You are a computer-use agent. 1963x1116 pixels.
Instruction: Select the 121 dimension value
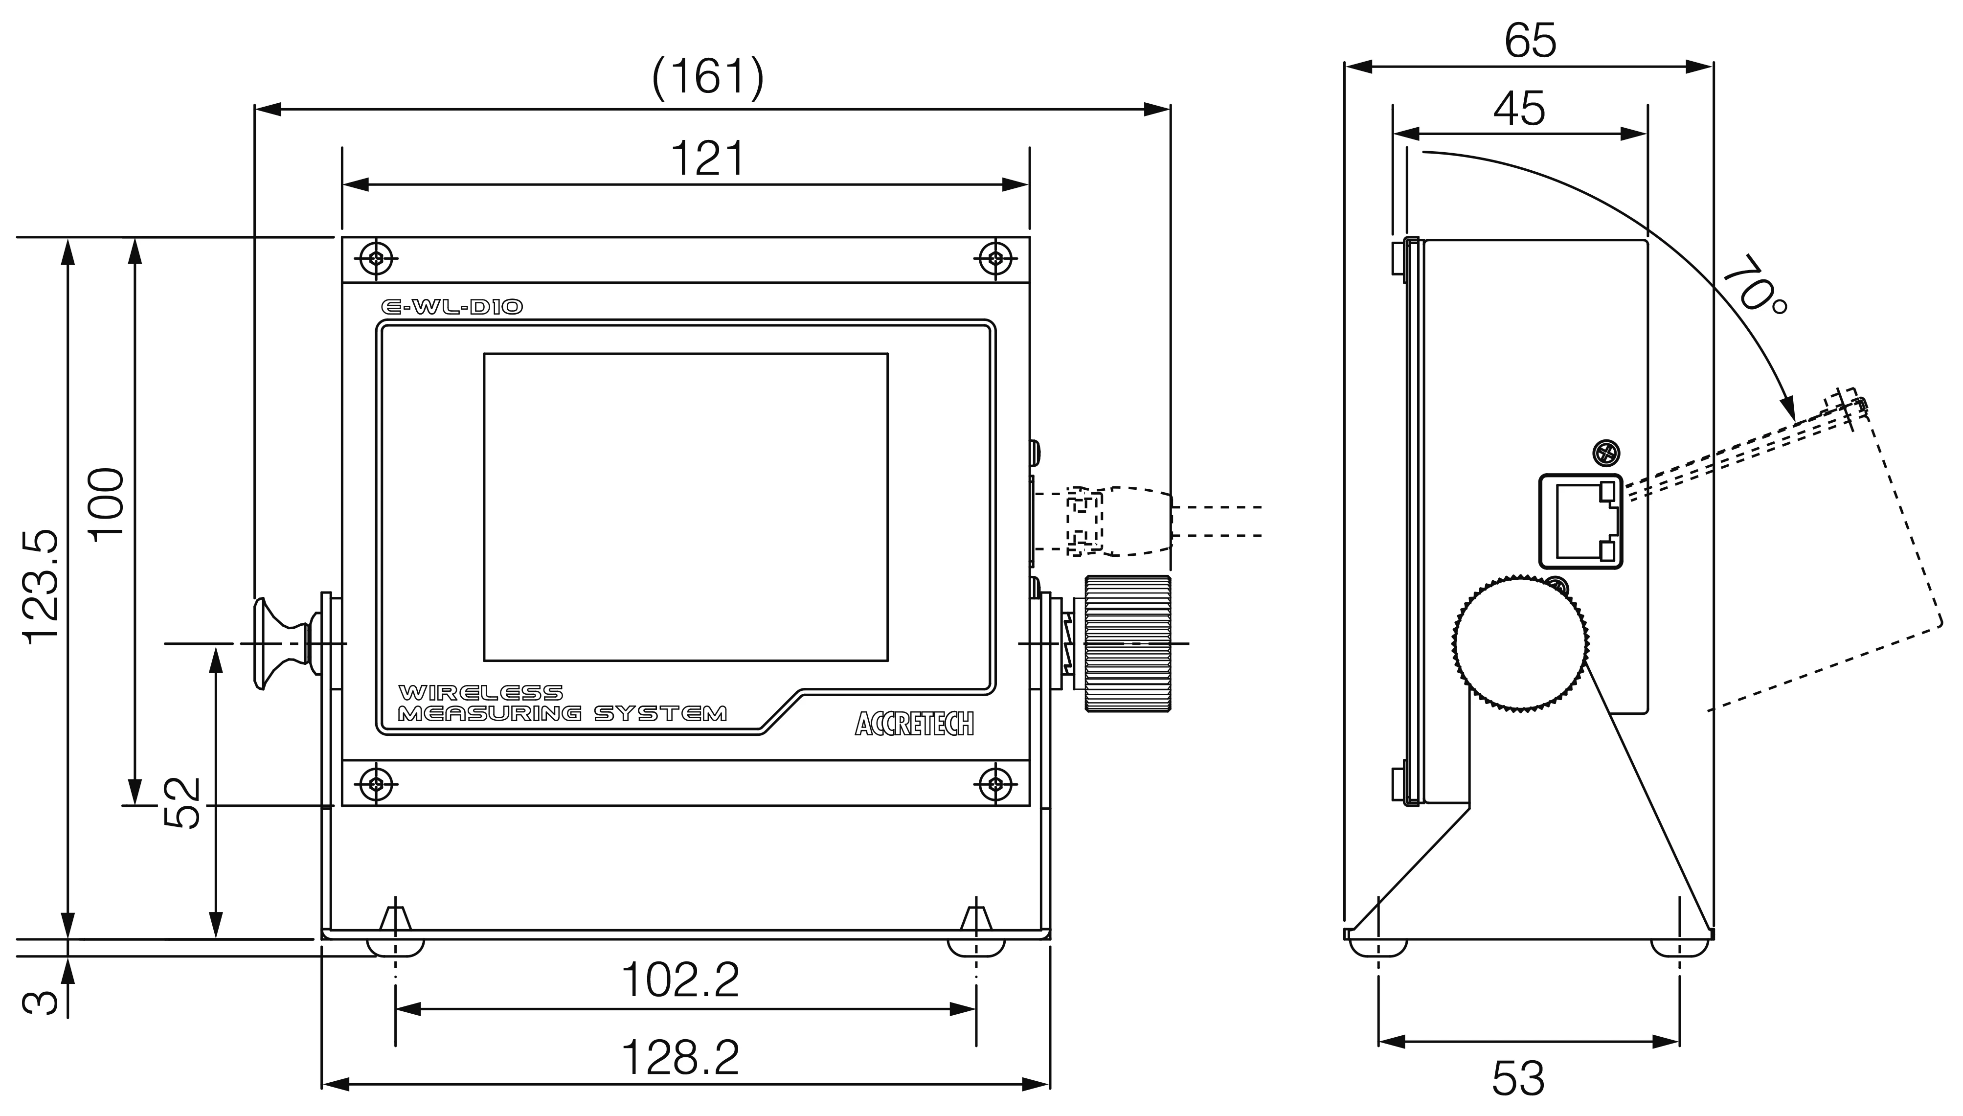706,159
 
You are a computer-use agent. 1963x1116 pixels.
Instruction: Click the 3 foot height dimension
40,1002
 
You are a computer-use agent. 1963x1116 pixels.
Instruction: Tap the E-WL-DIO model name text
452,307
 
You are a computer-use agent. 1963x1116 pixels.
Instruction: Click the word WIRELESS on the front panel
480,693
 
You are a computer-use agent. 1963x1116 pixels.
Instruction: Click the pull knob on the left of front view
280,643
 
